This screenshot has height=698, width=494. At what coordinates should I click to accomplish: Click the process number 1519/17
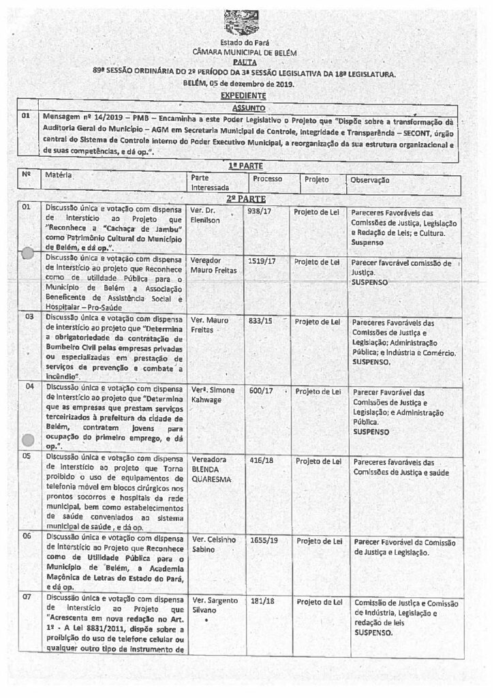(262, 262)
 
